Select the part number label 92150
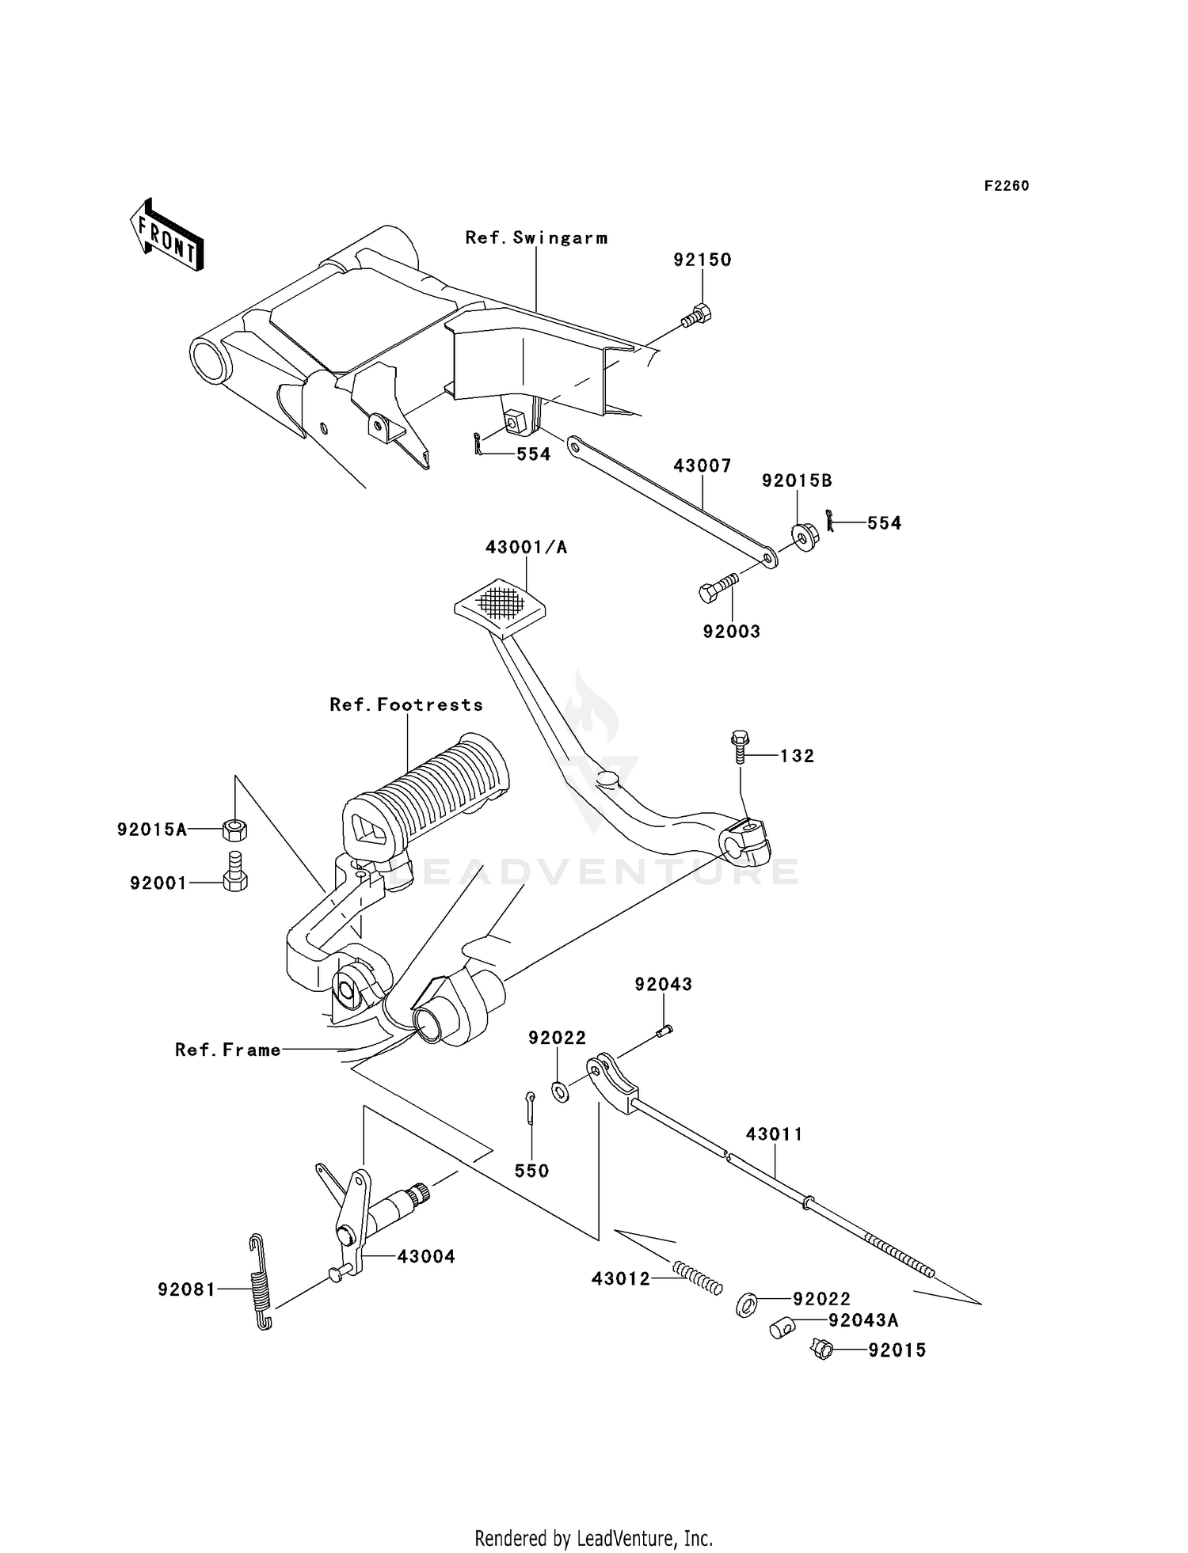(703, 260)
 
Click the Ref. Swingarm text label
(536, 237)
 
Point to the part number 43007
(702, 465)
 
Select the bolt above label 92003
(718, 588)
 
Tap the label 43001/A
(526, 547)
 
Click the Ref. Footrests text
(406, 704)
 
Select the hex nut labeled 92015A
(234, 830)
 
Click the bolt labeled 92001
(234, 871)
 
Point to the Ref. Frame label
(228, 1050)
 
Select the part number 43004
(426, 1256)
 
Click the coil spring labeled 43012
(698, 1277)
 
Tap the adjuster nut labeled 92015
(823, 1349)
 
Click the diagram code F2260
(1006, 186)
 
